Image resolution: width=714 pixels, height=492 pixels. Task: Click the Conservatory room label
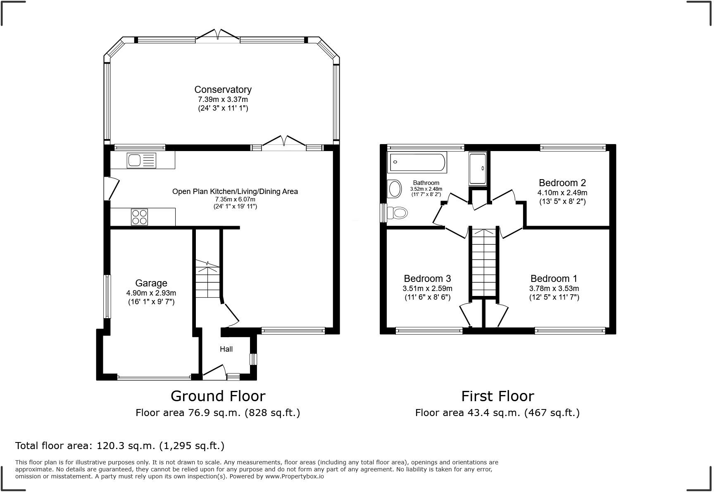click(x=223, y=90)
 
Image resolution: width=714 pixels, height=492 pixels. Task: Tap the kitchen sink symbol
click(x=142, y=160)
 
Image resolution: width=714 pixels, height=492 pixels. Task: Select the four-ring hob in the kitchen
click(x=139, y=217)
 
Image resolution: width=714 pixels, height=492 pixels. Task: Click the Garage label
click(x=151, y=283)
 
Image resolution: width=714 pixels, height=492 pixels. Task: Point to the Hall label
click(x=226, y=349)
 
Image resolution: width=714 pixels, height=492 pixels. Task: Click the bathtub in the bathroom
click(x=417, y=162)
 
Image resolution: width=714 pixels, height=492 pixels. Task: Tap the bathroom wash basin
click(x=395, y=189)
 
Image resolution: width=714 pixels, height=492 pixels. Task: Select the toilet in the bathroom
click(x=397, y=213)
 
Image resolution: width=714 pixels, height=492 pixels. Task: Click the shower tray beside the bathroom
click(x=478, y=168)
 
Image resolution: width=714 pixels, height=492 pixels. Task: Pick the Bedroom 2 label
click(x=562, y=183)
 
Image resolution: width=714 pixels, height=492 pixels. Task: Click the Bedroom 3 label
click(x=427, y=279)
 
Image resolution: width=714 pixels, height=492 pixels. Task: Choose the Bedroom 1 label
click(x=554, y=279)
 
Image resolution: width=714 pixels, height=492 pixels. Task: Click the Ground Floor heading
click(x=218, y=396)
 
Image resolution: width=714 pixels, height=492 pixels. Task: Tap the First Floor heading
click(x=497, y=396)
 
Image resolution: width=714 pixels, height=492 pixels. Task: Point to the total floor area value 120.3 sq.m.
click(x=126, y=446)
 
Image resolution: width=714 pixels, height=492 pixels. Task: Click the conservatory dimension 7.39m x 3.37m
click(x=223, y=99)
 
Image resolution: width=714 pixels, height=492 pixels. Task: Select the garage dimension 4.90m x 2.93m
click(x=151, y=293)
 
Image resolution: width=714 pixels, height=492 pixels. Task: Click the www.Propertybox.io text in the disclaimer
click(x=295, y=476)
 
